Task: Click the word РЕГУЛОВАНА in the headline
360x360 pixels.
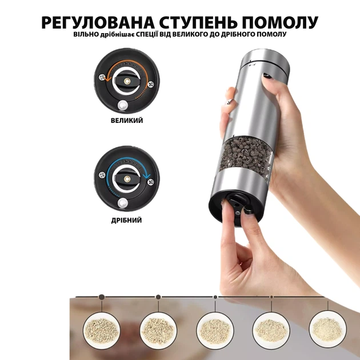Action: point(98,22)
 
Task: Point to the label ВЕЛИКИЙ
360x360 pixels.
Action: point(127,121)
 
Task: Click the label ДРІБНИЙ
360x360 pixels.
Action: point(126,221)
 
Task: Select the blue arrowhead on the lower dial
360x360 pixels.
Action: point(145,175)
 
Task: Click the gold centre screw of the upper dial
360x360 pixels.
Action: point(126,81)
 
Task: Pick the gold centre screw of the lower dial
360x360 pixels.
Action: point(126,179)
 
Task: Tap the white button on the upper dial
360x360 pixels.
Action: point(122,105)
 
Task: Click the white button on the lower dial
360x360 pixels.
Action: point(122,203)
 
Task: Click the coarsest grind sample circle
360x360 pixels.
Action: point(102,330)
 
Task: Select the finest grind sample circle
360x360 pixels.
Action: point(328,329)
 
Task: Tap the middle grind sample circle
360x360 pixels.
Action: point(215,331)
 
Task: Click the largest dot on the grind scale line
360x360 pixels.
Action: point(102,297)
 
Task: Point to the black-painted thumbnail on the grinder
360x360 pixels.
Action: point(266,75)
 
